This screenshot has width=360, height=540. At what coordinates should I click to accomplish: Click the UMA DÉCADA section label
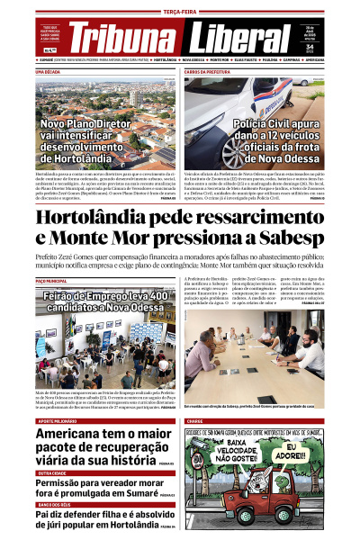tap(48, 70)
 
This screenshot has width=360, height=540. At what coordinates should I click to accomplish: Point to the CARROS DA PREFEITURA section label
tap(208, 70)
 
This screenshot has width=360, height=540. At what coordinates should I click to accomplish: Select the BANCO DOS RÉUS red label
tap(54, 504)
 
